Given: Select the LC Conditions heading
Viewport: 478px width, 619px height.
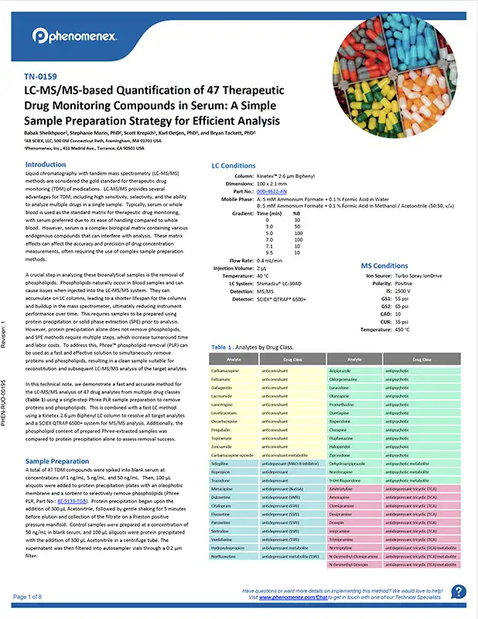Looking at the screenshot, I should point(234,166).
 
